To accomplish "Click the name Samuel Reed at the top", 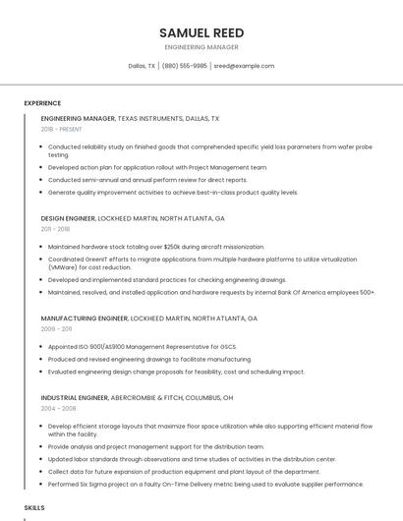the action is [201, 31].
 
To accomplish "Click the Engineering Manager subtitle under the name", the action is [201, 46].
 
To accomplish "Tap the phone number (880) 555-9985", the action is [185, 66].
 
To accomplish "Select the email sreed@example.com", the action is [244, 66].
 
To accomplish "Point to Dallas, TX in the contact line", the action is [142, 66].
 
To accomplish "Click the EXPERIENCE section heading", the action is [42, 103].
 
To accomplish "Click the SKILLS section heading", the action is [34, 507].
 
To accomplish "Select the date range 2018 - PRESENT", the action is [62, 129].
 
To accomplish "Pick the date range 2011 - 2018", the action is [55, 229].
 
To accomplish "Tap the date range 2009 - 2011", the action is [55, 329].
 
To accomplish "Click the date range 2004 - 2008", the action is [58, 408].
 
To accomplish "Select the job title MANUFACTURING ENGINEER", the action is [85, 318].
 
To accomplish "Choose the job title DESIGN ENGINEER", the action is [68, 218].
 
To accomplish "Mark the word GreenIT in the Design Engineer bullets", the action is [93, 260].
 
